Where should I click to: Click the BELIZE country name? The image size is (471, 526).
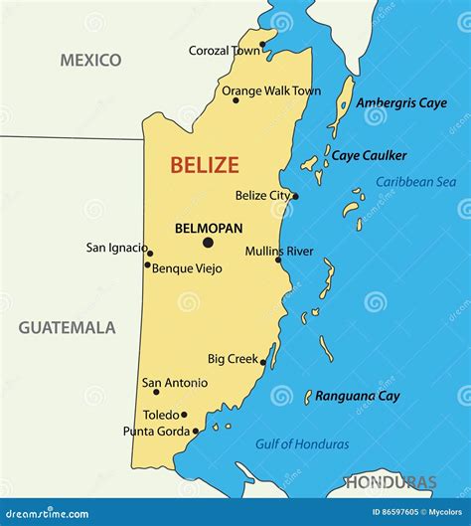(204, 165)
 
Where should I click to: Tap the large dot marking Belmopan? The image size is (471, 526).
(208, 242)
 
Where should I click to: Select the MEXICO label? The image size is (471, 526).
(90, 61)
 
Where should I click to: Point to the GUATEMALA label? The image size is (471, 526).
(67, 327)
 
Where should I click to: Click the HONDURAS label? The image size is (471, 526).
(391, 483)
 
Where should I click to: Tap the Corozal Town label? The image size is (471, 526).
(224, 50)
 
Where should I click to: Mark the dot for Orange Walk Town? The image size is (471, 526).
(235, 98)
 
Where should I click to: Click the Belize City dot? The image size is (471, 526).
(295, 196)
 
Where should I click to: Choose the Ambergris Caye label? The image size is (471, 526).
(401, 102)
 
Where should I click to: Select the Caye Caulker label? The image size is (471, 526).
(369, 155)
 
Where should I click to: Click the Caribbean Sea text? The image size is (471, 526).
(415, 181)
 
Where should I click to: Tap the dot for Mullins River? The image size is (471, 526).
(278, 260)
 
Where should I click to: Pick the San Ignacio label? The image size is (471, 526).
(115, 248)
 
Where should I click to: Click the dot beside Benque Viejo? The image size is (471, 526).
(148, 264)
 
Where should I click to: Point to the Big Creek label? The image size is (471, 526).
(232, 358)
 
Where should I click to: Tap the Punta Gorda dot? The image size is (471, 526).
(196, 431)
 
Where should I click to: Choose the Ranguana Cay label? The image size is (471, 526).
(358, 396)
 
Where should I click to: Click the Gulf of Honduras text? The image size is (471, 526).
(302, 444)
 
